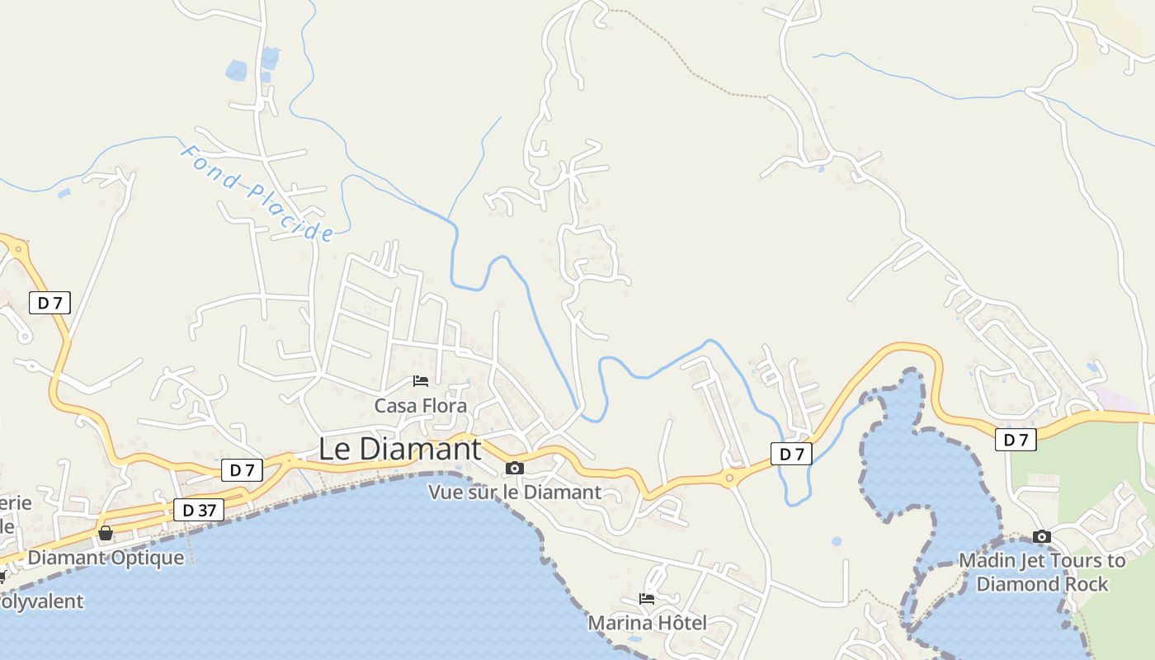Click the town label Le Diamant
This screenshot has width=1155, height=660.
click(x=400, y=449)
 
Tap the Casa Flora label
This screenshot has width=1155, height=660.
click(x=420, y=406)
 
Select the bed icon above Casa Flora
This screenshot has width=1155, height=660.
click(x=421, y=381)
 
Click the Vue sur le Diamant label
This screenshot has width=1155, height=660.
click(x=515, y=493)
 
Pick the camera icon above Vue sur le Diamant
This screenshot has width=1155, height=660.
click(x=515, y=469)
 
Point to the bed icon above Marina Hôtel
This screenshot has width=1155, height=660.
click(x=647, y=599)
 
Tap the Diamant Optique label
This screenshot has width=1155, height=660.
click(x=106, y=558)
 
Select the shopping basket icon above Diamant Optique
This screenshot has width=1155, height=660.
click(x=106, y=533)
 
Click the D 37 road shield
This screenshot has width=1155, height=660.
click(x=199, y=510)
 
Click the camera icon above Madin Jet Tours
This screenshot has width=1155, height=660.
click(x=1042, y=537)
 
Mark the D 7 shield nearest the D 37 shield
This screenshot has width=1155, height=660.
click(x=242, y=470)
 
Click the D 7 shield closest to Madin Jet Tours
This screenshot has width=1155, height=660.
click(x=1015, y=440)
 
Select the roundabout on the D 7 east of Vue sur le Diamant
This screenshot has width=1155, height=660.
click(x=729, y=477)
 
